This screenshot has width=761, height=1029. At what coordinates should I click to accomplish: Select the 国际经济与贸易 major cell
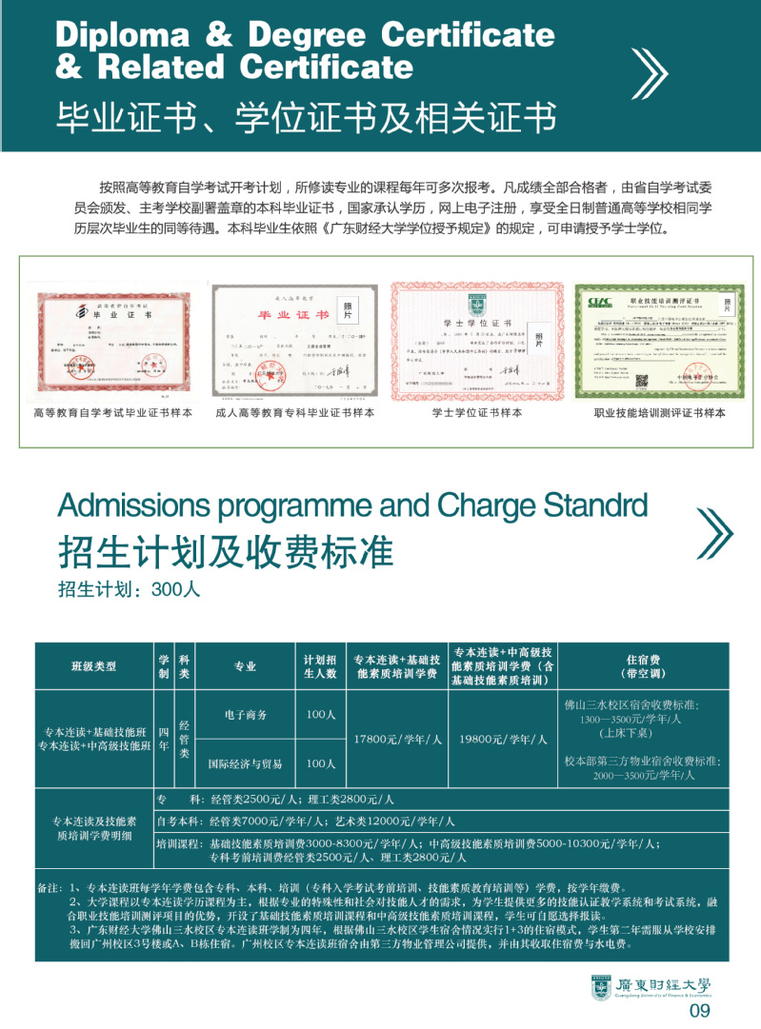point(246,763)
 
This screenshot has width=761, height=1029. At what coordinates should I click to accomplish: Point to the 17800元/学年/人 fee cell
point(397,739)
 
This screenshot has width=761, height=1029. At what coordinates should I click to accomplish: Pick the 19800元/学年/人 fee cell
point(503,739)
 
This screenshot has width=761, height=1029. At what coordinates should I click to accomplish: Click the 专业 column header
point(246,666)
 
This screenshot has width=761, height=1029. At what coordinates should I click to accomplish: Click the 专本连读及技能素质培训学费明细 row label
point(93,828)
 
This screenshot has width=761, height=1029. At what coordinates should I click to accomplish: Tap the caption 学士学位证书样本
point(476,413)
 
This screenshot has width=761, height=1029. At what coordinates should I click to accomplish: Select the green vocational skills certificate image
point(652,340)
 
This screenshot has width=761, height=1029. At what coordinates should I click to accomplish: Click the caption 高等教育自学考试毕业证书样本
point(112,413)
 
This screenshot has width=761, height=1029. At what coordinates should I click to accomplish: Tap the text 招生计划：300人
point(129,589)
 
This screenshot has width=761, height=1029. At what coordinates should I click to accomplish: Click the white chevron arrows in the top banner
point(650,72)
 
